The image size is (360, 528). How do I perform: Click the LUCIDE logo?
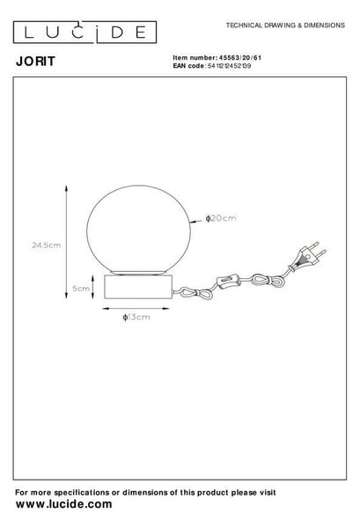[84, 33]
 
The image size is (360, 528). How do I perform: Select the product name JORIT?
[35, 62]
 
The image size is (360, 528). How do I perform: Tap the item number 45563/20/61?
[240, 57]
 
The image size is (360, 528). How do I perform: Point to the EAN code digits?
[229, 66]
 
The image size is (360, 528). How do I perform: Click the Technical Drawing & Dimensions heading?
[285, 26]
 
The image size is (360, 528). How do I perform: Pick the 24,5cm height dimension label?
[47, 246]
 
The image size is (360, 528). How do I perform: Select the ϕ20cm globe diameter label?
[221, 218]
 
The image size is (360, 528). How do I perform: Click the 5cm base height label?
[81, 289]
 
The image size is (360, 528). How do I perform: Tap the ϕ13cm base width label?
[136, 317]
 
